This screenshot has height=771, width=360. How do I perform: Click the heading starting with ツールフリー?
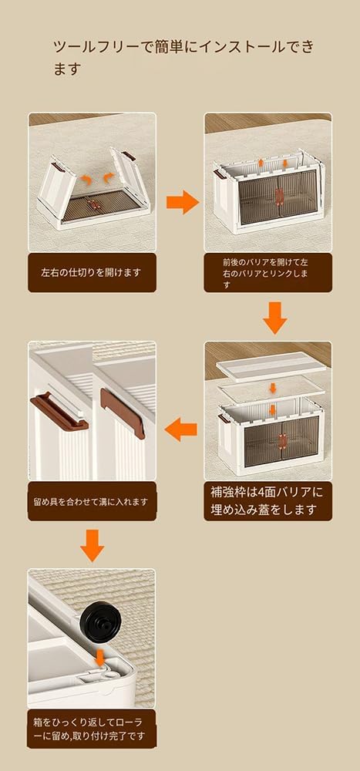[183, 58]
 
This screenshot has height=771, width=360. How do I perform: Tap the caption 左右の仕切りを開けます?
[91, 272]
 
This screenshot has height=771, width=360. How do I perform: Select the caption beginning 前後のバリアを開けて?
[266, 273]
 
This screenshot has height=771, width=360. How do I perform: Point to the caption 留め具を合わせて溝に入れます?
[91, 502]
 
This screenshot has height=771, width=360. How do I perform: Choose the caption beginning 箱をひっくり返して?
[91, 729]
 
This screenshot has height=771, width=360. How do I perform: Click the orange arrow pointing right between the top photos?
[182, 201]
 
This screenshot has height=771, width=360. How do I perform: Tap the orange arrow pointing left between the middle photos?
[180, 430]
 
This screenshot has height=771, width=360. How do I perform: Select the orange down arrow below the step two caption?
[275, 318]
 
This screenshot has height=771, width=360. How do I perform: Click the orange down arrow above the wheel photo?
[92, 546]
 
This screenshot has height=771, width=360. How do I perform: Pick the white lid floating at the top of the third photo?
[271, 366]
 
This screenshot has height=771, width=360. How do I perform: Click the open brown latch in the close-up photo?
[59, 411]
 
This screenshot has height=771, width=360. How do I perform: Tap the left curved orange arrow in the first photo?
[86, 180]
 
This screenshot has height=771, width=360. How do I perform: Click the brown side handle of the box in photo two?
[219, 173]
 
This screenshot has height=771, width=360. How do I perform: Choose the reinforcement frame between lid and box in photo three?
[271, 388]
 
